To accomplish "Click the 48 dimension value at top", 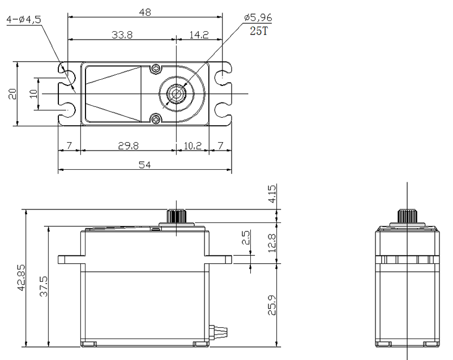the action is (x=145, y=12).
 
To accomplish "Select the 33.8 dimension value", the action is (x=122, y=35).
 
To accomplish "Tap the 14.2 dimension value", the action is (x=199, y=35).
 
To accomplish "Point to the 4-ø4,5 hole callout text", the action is (x=24, y=20).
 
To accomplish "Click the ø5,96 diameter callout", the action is (x=258, y=18).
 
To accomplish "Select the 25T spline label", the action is (x=259, y=31).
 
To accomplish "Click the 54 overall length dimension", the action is (x=145, y=165).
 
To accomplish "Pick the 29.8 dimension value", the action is (x=129, y=146).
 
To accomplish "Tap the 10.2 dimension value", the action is (x=193, y=146).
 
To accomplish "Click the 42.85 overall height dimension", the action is (x=22, y=277).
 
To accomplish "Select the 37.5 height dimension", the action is (x=44, y=286).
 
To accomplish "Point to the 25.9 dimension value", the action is (x=272, y=305).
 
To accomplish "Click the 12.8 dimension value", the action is (x=272, y=243).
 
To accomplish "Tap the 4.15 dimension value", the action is (x=272, y=194).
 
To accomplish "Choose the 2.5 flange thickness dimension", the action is (x=246, y=237).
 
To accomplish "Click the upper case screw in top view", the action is (x=156, y=68).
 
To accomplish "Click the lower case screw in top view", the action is (x=156, y=119).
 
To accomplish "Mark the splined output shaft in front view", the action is (x=176, y=216).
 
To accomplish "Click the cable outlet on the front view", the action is (x=219, y=333).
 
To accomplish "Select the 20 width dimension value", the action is (x=12, y=94).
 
